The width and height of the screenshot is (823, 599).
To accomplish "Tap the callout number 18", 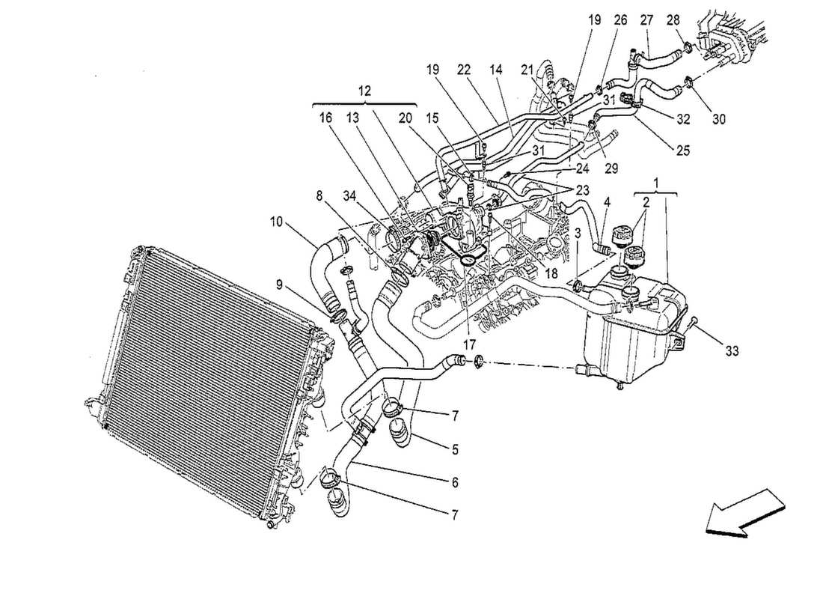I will click(551, 275).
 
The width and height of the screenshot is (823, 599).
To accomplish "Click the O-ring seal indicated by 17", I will click(470, 259).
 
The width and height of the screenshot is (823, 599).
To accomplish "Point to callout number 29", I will click(611, 168).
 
